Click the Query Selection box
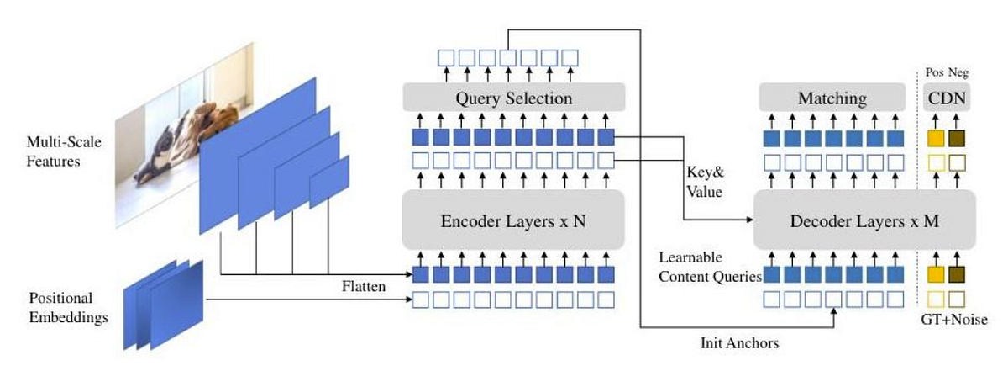click(x=514, y=98)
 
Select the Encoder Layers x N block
click(x=513, y=223)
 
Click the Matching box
click(x=832, y=98)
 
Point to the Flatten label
click(x=362, y=286)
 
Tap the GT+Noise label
click(x=947, y=320)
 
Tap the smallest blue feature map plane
click(x=328, y=181)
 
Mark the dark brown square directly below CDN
click(x=957, y=137)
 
